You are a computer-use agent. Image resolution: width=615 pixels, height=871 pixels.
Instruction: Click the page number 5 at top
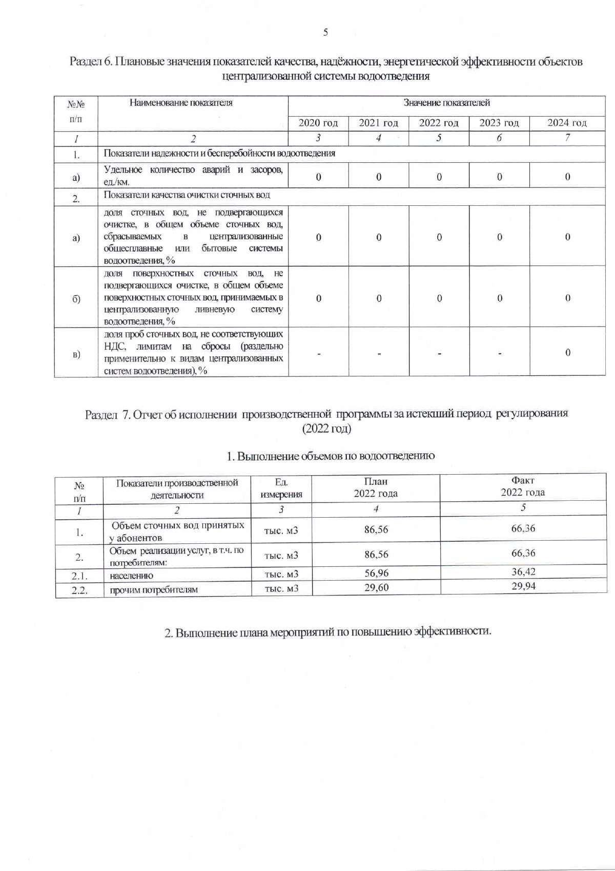(325, 33)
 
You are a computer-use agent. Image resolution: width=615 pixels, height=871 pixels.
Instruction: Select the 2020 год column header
(318, 123)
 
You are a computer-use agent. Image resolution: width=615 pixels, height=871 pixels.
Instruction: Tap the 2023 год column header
(499, 123)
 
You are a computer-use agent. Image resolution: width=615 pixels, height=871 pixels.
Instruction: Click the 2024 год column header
(567, 123)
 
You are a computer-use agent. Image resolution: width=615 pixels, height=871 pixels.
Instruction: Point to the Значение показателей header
(446, 103)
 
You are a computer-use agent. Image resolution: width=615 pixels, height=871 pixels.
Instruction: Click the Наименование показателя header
(181, 103)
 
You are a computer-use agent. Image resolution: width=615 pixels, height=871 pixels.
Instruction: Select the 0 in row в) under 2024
(567, 352)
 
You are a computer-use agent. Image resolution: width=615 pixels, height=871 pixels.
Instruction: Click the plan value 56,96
(376, 573)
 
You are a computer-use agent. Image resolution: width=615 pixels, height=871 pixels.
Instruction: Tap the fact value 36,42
(523, 572)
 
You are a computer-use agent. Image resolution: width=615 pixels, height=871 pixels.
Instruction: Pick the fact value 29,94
(523, 586)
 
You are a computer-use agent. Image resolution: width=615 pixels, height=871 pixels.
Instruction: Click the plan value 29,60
(376, 588)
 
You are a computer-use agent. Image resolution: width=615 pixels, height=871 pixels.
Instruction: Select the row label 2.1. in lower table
(79, 576)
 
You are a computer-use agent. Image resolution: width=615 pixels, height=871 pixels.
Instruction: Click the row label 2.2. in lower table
(79, 590)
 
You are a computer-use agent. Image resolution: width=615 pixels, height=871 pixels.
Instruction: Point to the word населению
(131, 576)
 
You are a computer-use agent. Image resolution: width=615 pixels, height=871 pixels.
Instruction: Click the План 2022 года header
(376, 487)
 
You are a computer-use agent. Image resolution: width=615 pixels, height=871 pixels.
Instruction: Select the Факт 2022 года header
(523, 486)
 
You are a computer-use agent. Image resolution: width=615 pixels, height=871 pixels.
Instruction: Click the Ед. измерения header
(281, 488)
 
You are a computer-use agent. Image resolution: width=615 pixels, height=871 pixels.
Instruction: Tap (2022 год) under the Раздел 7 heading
(326, 429)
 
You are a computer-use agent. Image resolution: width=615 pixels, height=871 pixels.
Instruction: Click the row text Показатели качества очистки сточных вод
(187, 195)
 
